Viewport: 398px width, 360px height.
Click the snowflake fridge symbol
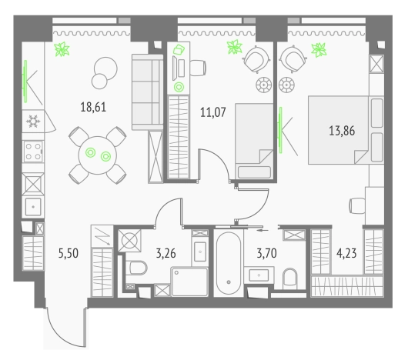pos(33,120)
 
